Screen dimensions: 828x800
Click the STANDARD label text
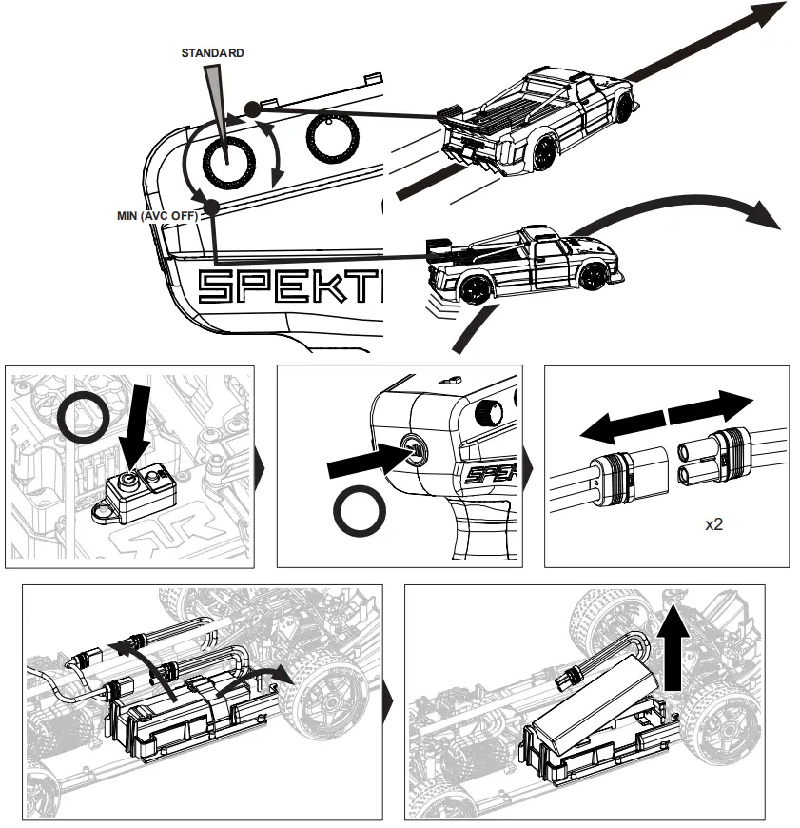pyautogui.click(x=212, y=53)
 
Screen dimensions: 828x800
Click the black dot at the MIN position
pyautogui.click(x=211, y=207)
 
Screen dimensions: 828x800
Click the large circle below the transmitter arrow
pyautogui.click(x=360, y=515)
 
